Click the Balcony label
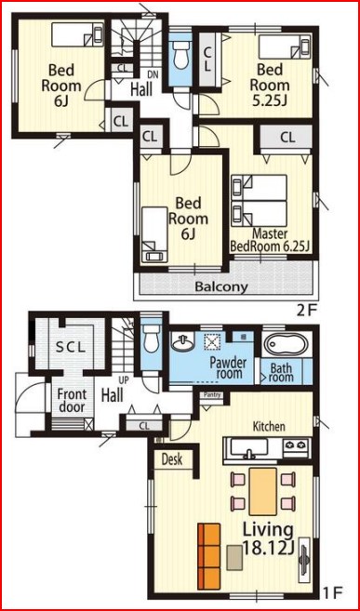click(x=221, y=287)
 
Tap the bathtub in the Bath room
click(x=287, y=344)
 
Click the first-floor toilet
click(x=152, y=339)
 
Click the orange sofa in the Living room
click(x=208, y=556)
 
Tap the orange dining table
click(x=263, y=491)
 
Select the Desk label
click(x=172, y=459)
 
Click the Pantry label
click(x=213, y=395)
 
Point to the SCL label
click(x=71, y=348)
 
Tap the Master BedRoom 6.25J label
click(x=270, y=240)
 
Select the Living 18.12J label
click(x=268, y=538)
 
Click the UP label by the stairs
click(x=127, y=380)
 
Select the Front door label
click(x=72, y=401)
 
